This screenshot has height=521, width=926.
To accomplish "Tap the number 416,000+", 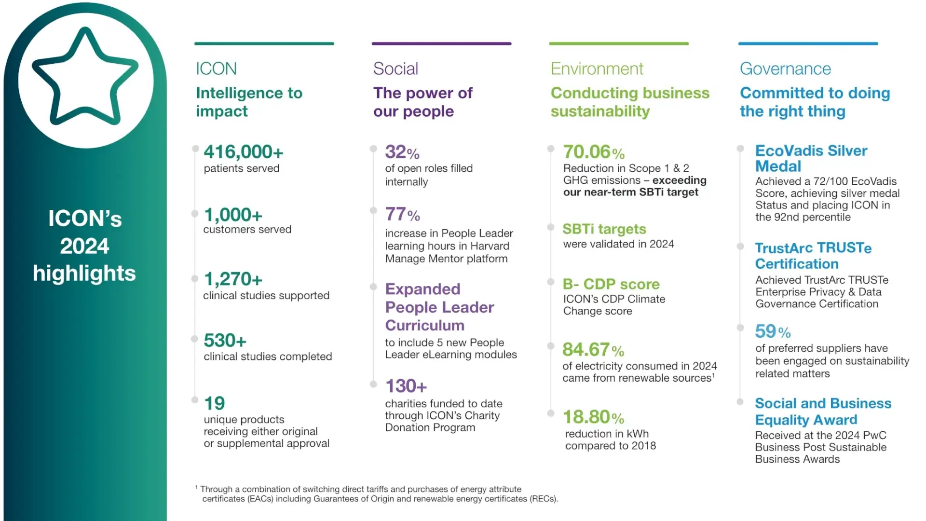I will pos(244,152).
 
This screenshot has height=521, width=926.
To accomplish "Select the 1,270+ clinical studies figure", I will pos(233,279).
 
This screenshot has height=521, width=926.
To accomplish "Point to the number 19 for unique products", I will pos(214,403).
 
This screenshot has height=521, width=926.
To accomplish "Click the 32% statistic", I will pos(402,152).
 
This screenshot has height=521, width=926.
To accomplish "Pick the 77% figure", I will pos(402,214).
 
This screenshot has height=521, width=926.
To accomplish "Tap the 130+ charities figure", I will pos(406,386).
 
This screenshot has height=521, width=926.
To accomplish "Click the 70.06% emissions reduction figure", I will pos(594,152).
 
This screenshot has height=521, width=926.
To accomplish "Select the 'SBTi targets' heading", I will pos(604,229).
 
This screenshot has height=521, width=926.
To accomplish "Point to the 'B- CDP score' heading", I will pos(611,284).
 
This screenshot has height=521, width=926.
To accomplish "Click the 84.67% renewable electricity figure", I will pos(593,350).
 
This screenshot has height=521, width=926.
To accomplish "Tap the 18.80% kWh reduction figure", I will pos(593,417).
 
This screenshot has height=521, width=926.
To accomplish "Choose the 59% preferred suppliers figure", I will pos(773,332).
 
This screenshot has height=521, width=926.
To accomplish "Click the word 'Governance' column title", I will pos(785,69).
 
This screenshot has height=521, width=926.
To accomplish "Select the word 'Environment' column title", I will pos(597,69).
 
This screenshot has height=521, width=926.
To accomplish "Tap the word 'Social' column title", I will pos(395,69).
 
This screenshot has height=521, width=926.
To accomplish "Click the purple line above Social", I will pos(441,44).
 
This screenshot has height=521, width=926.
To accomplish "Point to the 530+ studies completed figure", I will pos(225,341).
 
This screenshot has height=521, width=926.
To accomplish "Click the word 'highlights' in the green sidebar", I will pos(84,274).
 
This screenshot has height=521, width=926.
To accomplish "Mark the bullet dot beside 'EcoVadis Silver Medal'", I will pos(740,149).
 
